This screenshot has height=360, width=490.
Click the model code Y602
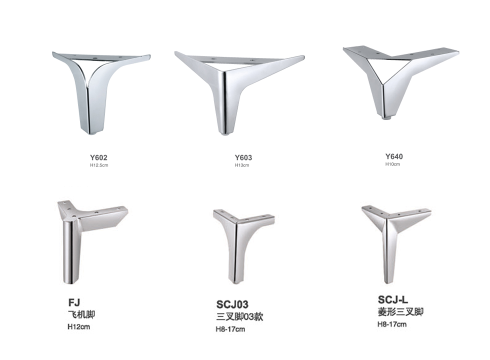[98, 157]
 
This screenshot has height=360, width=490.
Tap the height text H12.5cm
[99, 165]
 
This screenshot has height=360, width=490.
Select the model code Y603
[243, 157]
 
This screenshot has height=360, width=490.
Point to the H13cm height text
[242, 165]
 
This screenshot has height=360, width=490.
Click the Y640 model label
[394, 156]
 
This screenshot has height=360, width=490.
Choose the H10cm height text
[392, 164]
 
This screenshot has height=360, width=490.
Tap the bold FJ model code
[74, 302]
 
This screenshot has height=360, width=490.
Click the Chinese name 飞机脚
[81, 314]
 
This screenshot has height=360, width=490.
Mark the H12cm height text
[79, 326]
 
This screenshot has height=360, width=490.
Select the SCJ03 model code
[232, 304]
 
